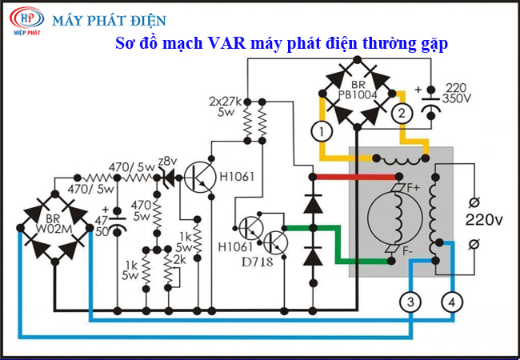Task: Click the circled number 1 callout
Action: click(x=322, y=131)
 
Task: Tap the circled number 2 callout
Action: click(x=402, y=114)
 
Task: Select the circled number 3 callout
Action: click(x=410, y=302)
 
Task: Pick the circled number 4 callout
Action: click(x=452, y=302)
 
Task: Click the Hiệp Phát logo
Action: click(x=26, y=21)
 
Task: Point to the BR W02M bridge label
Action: click(x=54, y=224)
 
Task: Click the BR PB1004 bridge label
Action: click(x=358, y=90)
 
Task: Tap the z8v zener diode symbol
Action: click(x=170, y=178)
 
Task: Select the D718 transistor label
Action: click(x=258, y=262)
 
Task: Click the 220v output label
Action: click(x=484, y=220)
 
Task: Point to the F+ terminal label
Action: click(x=414, y=188)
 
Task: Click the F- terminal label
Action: click(x=407, y=252)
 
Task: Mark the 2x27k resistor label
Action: click(x=226, y=101)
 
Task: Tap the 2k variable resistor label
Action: click(x=179, y=260)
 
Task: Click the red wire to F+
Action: click(x=355, y=177)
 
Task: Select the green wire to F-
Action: click(x=338, y=244)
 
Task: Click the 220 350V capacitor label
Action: click(x=457, y=93)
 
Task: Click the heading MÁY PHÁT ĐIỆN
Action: click(x=109, y=21)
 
